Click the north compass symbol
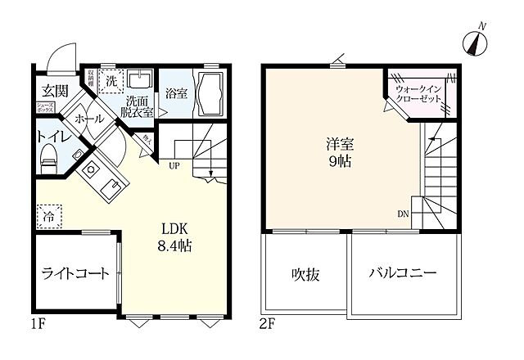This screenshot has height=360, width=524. [x=474, y=42]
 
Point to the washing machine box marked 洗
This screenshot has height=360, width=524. [x=111, y=79]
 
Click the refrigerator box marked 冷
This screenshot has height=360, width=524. [x=47, y=219]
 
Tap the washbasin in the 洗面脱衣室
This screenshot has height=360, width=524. [x=139, y=80]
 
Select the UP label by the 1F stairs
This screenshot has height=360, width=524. [x=174, y=165]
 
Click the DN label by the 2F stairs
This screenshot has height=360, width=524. [x=404, y=214]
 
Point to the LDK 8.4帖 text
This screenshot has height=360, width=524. [x=174, y=237]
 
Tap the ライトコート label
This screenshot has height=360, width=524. [x=75, y=273]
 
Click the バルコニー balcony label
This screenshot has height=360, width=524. [x=402, y=273]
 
